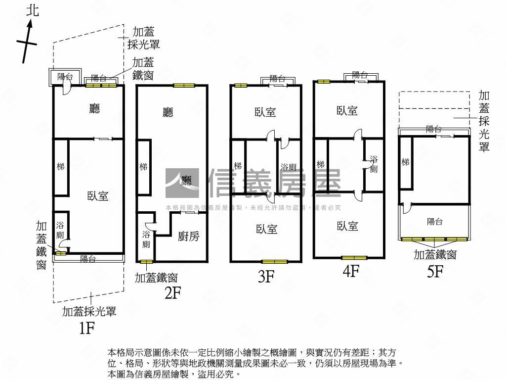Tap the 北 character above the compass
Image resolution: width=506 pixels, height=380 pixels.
(33, 10)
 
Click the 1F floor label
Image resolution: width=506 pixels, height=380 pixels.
(87, 328)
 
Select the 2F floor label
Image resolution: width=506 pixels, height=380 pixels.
(173, 293)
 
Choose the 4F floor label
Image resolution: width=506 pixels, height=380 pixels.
(350, 272)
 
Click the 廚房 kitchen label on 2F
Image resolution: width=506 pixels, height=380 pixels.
(188, 237)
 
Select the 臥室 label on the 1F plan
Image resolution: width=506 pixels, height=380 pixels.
(97, 196)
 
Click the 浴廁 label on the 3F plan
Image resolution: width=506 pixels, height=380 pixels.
(288, 167)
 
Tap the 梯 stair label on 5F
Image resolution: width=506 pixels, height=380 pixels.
(405, 162)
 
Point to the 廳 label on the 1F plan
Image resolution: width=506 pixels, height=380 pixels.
(94, 108)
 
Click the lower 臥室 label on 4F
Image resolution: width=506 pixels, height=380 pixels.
(347, 226)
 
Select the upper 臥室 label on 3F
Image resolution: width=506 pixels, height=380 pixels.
(265, 112)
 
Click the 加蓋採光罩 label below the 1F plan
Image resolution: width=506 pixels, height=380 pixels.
(89, 311)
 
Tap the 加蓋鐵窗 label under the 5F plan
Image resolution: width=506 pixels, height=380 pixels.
(435, 254)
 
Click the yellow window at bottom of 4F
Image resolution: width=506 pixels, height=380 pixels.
(354, 258)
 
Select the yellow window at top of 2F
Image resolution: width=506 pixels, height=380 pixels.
(184, 85)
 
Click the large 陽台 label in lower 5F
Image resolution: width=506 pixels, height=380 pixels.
(434, 222)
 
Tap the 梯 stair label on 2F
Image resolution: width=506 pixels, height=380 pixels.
(143, 167)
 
